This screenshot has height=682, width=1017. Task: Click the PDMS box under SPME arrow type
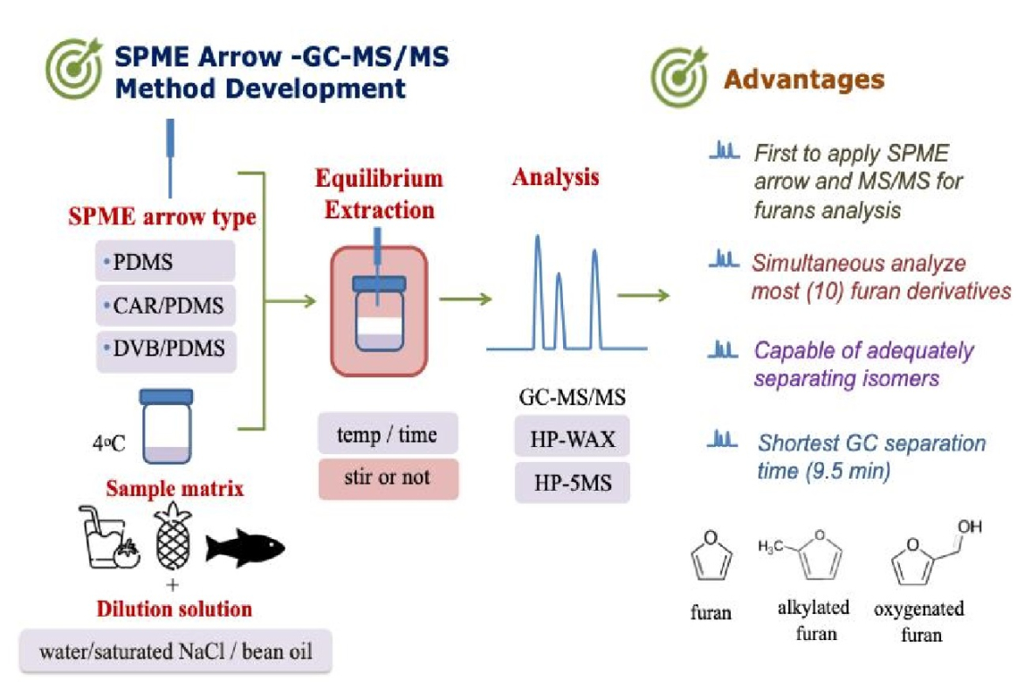click(x=165, y=261)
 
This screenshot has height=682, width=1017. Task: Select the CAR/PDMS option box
click(x=165, y=305)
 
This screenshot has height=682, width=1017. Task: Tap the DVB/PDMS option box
click(x=166, y=349)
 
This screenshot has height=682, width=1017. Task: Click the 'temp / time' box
click(x=388, y=433)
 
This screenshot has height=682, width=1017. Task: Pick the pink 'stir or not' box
click(x=388, y=479)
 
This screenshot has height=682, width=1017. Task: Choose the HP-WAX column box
click(x=572, y=437)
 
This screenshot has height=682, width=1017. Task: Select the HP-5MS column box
click(x=572, y=482)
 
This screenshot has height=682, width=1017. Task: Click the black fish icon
click(x=244, y=548)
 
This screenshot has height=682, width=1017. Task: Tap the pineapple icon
click(x=173, y=537)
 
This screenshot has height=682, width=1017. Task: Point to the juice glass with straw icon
click(x=108, y=537)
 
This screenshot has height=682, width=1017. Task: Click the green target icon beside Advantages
click(x=680, y=76)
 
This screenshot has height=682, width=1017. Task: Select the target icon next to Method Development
click(x=74, y=68)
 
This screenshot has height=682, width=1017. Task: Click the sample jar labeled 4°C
click(x=167, y=425)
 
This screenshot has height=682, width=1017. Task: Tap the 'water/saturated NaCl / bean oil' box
click(x=175, y=651)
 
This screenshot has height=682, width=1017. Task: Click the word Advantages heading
click(x=804, y=79)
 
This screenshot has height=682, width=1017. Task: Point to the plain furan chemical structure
click(x=711, y=555)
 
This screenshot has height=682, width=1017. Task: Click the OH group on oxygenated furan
click(x=970, y=527)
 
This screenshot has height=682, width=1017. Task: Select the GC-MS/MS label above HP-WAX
click(x=572, y=396)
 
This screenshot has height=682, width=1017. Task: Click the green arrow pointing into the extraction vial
click(x=290, y=300)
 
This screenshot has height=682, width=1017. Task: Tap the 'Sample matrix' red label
click(x=175, y=488)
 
